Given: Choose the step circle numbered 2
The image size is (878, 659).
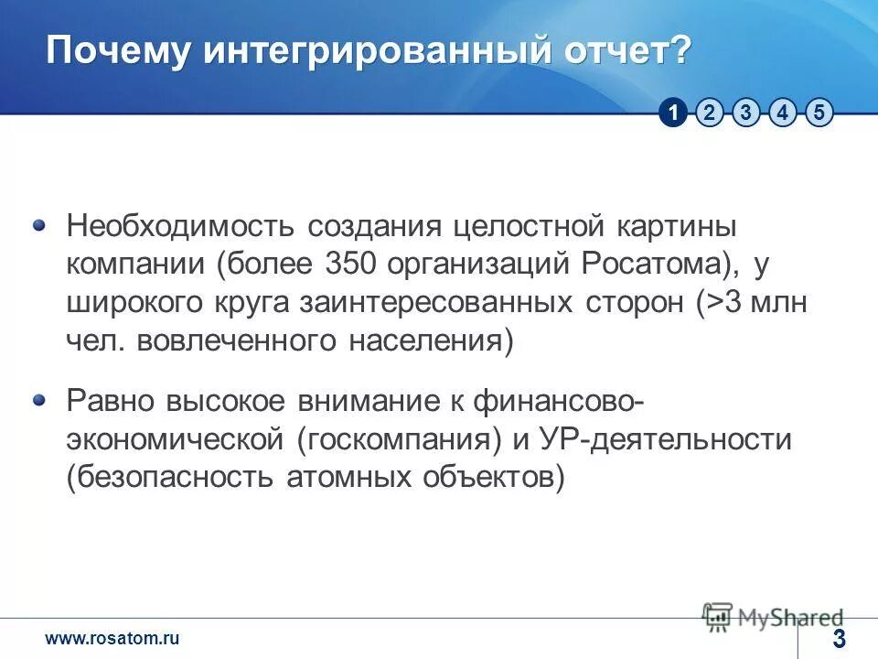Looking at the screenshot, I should tap(709, 113).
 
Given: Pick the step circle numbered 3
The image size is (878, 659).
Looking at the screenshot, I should tap(746, 113).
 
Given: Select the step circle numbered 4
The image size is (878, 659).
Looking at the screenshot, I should tap(783, 113).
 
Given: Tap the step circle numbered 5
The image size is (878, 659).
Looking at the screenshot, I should tap(819, 113).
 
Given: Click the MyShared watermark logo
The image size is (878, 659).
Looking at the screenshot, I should tap(773, 617).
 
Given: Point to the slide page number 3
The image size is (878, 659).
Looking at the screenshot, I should tap(839, 639).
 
